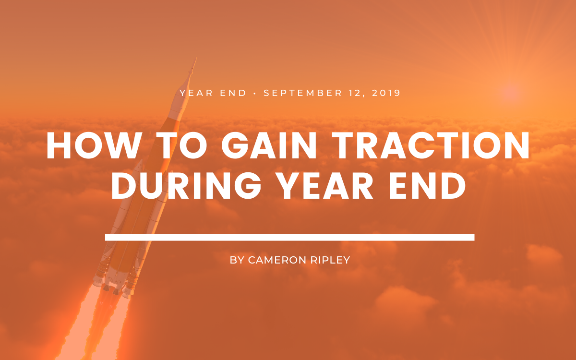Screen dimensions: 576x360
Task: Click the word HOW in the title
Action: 94,145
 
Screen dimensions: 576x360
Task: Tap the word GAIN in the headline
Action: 269,145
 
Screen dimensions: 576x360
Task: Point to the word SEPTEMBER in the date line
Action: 303,93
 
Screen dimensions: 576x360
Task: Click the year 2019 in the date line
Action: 386,93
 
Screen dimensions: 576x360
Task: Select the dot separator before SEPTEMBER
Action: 255,93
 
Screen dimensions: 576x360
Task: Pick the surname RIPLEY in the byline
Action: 330,260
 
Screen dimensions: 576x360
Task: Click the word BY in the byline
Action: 237,260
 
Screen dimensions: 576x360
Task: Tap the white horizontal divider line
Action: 290,237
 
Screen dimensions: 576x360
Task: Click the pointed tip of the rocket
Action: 196,59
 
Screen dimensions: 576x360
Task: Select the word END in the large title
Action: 427,185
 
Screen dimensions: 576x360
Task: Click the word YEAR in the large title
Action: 326,185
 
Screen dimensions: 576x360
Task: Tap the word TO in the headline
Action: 181,145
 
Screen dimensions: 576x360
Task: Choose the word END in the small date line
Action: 233,93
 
